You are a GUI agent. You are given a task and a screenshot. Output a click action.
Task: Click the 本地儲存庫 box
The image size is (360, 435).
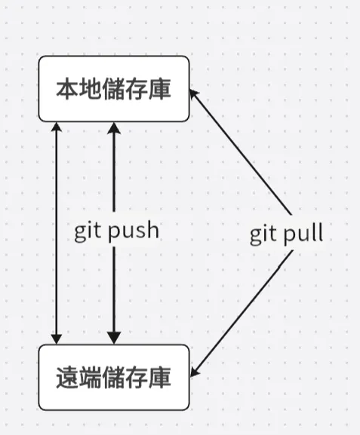113,88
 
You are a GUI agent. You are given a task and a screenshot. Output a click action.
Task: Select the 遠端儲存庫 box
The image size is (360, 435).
113,378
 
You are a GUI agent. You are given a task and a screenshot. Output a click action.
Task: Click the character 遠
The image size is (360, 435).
66,378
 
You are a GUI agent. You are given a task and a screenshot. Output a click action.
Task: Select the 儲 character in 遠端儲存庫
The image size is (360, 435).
113,378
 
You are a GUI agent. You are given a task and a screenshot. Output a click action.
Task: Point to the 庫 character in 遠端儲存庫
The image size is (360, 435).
160,378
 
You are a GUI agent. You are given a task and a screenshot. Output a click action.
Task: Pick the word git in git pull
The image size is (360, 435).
266,234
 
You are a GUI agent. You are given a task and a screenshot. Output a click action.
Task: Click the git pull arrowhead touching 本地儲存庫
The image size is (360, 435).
193,93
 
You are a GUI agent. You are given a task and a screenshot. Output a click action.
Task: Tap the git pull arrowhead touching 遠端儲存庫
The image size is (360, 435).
194,372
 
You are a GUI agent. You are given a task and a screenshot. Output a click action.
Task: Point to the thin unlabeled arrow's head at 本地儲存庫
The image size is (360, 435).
55,127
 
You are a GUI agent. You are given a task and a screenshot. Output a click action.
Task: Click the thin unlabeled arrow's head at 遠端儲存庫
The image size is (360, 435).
55,339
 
